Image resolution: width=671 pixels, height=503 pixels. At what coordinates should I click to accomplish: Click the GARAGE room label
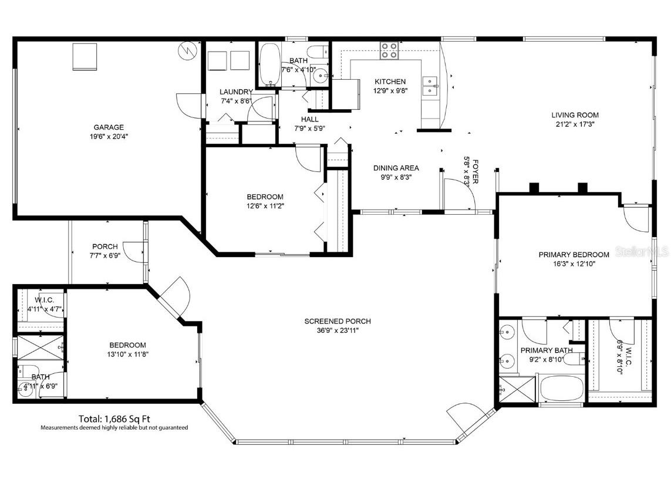pyautogui.click(x=109, y=127)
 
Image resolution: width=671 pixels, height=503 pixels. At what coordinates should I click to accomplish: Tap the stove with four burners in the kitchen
pyautogui.click(x=388, y=51)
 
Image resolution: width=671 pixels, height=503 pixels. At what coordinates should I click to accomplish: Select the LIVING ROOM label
pyautogui.click(x=575, y=115)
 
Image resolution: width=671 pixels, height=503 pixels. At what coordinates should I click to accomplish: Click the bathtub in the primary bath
pyautogui.click(x=561, y=389)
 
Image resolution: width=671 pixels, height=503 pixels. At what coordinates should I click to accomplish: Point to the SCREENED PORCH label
pyautogui.click(x=337, y=321)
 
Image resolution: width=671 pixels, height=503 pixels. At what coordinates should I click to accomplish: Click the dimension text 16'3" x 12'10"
pyautogui.click(x=574, y=264)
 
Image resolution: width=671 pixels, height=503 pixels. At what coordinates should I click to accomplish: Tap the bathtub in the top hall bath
pyautogui.click(x=270, y=65)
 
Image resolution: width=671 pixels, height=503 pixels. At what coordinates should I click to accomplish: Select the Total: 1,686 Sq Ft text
pyautogui.click(x=114, y=419)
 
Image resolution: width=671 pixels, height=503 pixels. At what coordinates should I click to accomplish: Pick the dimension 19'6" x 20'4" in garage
pyautogui.click(x=109, y=136)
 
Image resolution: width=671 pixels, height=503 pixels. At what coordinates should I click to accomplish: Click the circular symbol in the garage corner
pyautogui.click(x=186, y=51)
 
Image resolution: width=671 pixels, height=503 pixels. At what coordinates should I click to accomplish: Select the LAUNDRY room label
pyautogui.click(x=236, y=92)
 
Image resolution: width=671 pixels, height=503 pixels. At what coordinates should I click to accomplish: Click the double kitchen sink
pyautogui.click(x=431, y=86)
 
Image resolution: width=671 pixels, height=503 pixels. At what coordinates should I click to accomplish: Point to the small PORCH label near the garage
pyautogui.click(x=105, y=247)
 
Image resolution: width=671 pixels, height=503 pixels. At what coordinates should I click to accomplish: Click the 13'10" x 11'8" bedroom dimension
pyautogui.click(x=127, y=355)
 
